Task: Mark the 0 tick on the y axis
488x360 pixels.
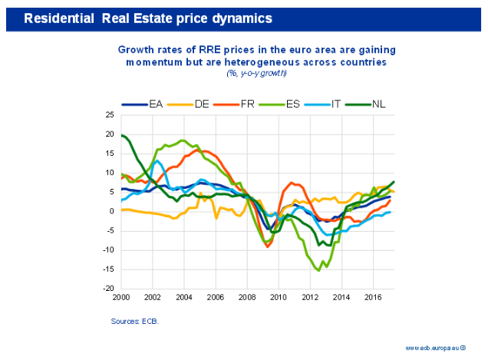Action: [x=112, y=211]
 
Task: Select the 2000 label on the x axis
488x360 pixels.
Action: [x=121, y=296]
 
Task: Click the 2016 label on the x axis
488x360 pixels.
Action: [x=372, y=296]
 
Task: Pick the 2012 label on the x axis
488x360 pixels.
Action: [x=309, y=296]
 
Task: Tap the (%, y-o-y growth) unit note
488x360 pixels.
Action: [x=256, y=73]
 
